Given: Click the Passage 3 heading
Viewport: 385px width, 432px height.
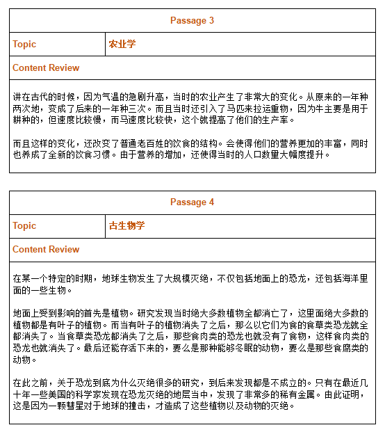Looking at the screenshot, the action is point(192,20).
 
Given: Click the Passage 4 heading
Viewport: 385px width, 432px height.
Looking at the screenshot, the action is point(192,202).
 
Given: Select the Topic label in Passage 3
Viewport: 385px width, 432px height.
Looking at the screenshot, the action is point(24,44).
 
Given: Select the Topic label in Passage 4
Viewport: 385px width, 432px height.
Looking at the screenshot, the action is point(24,225).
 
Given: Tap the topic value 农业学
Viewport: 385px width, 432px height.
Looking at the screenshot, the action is point(122,44).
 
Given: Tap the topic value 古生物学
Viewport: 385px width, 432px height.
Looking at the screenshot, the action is point(126,225).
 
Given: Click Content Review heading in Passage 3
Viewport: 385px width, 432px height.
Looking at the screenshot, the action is point(46,67).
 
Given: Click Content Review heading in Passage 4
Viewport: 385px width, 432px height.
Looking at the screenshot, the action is point(46,249).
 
